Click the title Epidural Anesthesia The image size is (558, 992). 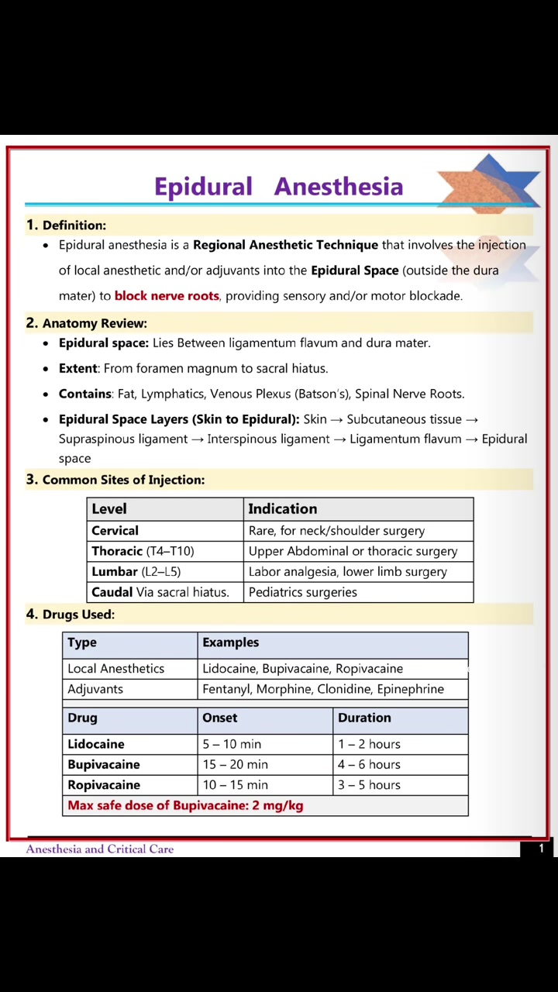278,187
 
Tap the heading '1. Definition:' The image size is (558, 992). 67,226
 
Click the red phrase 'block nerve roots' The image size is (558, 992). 167,295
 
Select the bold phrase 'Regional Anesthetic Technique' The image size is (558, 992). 285,245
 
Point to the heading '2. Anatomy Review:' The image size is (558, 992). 87,323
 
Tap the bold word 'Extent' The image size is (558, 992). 78,368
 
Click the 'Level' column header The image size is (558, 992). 109,508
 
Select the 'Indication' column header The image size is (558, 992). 282,508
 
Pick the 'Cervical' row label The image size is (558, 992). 115,531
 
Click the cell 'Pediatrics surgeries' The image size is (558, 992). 302,592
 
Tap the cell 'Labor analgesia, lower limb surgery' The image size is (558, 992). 347,572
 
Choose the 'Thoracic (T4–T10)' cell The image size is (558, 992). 143,551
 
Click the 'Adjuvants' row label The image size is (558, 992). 95,689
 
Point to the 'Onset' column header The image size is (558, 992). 220,718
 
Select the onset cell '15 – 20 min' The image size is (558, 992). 236,764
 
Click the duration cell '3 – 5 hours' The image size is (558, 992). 369,785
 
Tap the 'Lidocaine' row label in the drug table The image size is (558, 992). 96,744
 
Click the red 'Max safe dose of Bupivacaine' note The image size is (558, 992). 185,805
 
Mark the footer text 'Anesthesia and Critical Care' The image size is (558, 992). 100,849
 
